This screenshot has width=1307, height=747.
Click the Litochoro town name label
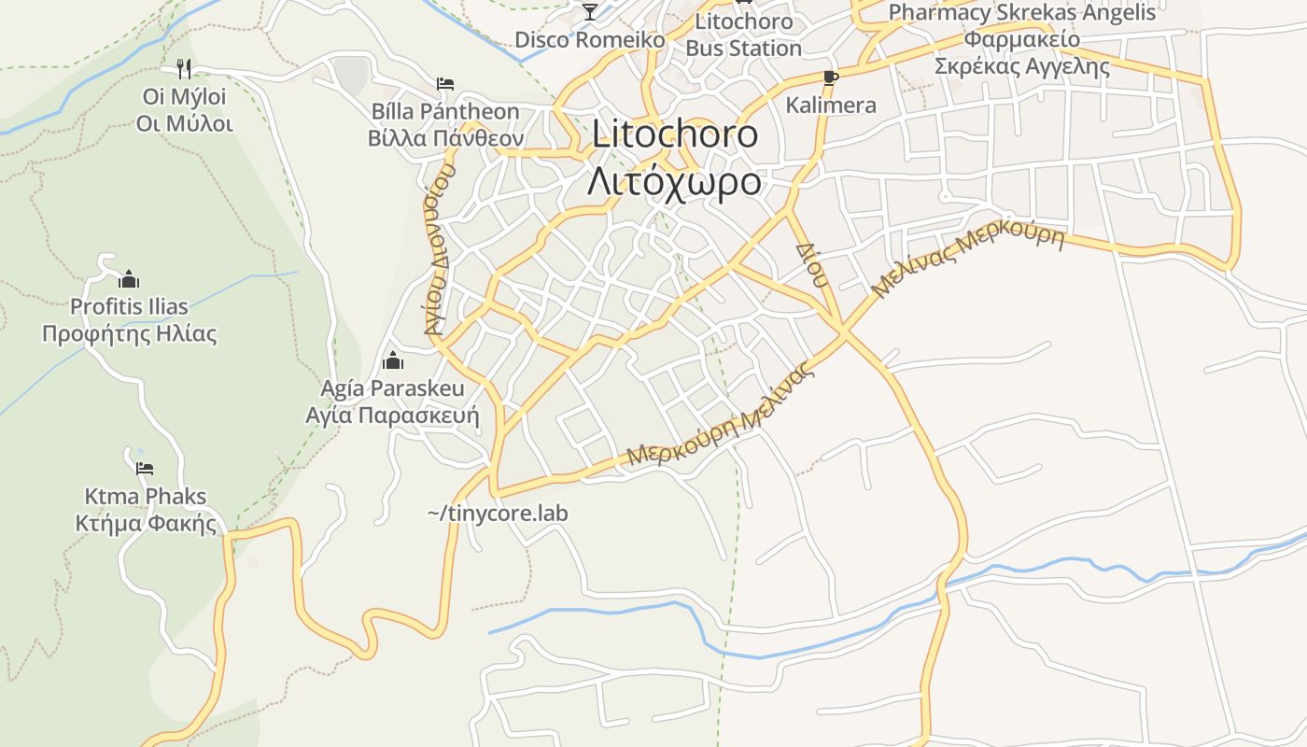pos(675,134)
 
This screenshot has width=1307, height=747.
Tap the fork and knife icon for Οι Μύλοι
pos(184,68)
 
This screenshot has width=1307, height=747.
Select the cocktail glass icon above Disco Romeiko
pos(589,11)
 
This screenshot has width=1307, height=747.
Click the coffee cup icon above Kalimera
pos(831,78)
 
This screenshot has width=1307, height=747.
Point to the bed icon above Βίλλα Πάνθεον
pos(445,84)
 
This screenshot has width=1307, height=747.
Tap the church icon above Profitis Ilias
pos(129,279)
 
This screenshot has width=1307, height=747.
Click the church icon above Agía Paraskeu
pos(393,360)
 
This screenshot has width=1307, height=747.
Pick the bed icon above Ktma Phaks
pos(144,469)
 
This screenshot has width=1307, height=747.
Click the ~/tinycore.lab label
pos(498,514)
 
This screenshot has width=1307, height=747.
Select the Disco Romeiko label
pos(590,40)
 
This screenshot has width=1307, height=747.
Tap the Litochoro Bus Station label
pos(744,35)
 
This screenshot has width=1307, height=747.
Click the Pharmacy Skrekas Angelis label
pos(1022,13)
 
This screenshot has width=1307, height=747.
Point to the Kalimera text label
pos(831,105)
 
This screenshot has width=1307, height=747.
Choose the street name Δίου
pos(812,265)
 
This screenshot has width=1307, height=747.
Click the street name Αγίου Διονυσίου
pos(439,249)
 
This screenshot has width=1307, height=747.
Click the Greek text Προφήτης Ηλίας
pos(129,333)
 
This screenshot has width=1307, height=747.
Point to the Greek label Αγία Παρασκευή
pos(392,415)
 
